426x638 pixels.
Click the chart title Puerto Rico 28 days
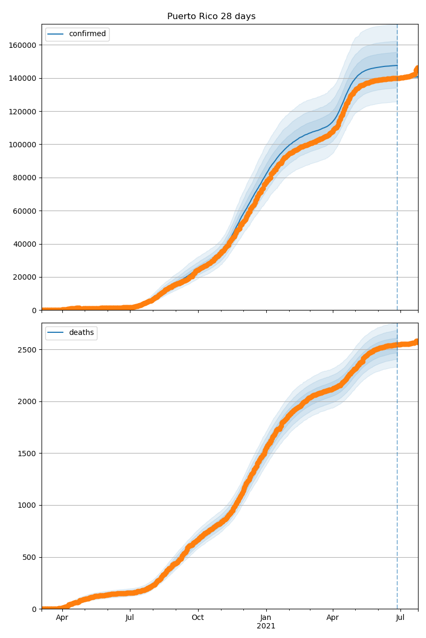coord(211,16)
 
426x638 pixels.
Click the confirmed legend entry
coord(87,34)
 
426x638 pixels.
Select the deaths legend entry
coord(81,333)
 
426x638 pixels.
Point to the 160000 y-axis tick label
coord(22,45)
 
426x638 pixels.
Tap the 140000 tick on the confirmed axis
coord(22,78)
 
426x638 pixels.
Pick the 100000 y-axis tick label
coord(22,145)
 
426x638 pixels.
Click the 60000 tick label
coord(24,211)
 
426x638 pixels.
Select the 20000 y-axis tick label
coord(24,277)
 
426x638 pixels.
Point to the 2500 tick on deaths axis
coord(28,350)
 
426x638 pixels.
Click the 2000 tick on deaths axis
coord(28,401)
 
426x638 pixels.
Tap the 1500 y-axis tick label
coord(28,454)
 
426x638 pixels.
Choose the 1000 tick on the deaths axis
coord(28,506)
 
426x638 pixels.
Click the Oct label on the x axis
coord(198,618)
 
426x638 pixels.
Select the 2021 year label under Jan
coord(266,626)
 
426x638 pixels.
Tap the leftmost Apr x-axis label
coord(62,618)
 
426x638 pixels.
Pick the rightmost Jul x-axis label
coord(400,618)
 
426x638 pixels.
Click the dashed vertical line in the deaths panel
coord(397,478)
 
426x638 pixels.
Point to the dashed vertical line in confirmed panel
coord(397,186)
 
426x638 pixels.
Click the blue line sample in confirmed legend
coord(55,35)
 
